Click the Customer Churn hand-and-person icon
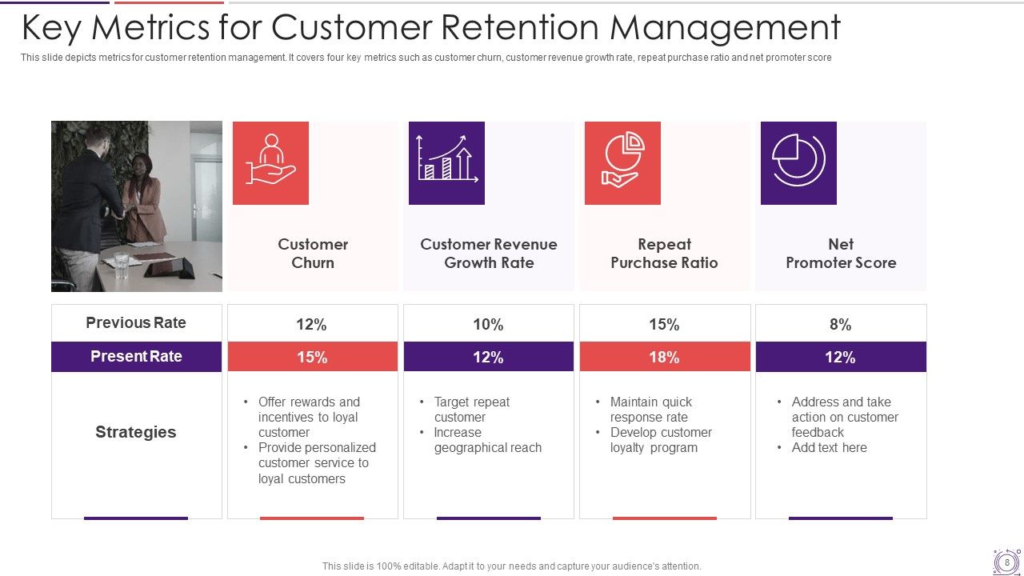coord(270,162)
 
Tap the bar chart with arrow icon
coord(446,162)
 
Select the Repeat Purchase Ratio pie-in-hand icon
coord(622,162)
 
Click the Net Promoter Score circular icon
coord(798,162)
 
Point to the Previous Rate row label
coord(136,323)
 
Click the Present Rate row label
coord(136,357)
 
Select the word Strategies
coord(136,432)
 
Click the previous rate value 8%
coord(840,325)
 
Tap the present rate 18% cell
coord(664,358)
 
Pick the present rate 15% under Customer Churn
coord(312,358)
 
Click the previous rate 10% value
coord(488,325)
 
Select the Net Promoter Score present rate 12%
coord(840,358)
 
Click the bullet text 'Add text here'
coord(829,448)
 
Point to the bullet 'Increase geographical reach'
coord(487,440)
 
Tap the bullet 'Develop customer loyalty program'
coord(660,440)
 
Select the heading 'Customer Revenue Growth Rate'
coord(489,254)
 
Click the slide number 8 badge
coord(1006,562)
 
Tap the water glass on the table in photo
coord(121,265)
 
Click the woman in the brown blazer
coord(145,200)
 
